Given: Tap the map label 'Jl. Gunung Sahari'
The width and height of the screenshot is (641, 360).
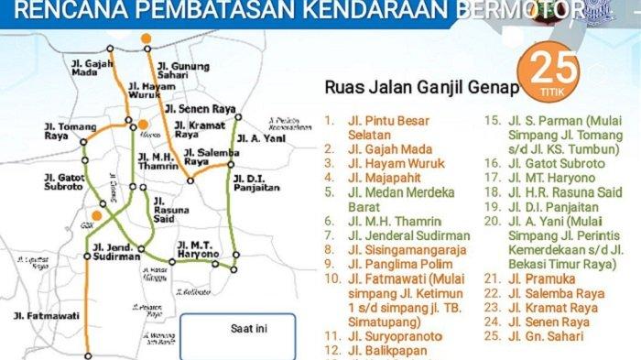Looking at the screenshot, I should tap(183, 71).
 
